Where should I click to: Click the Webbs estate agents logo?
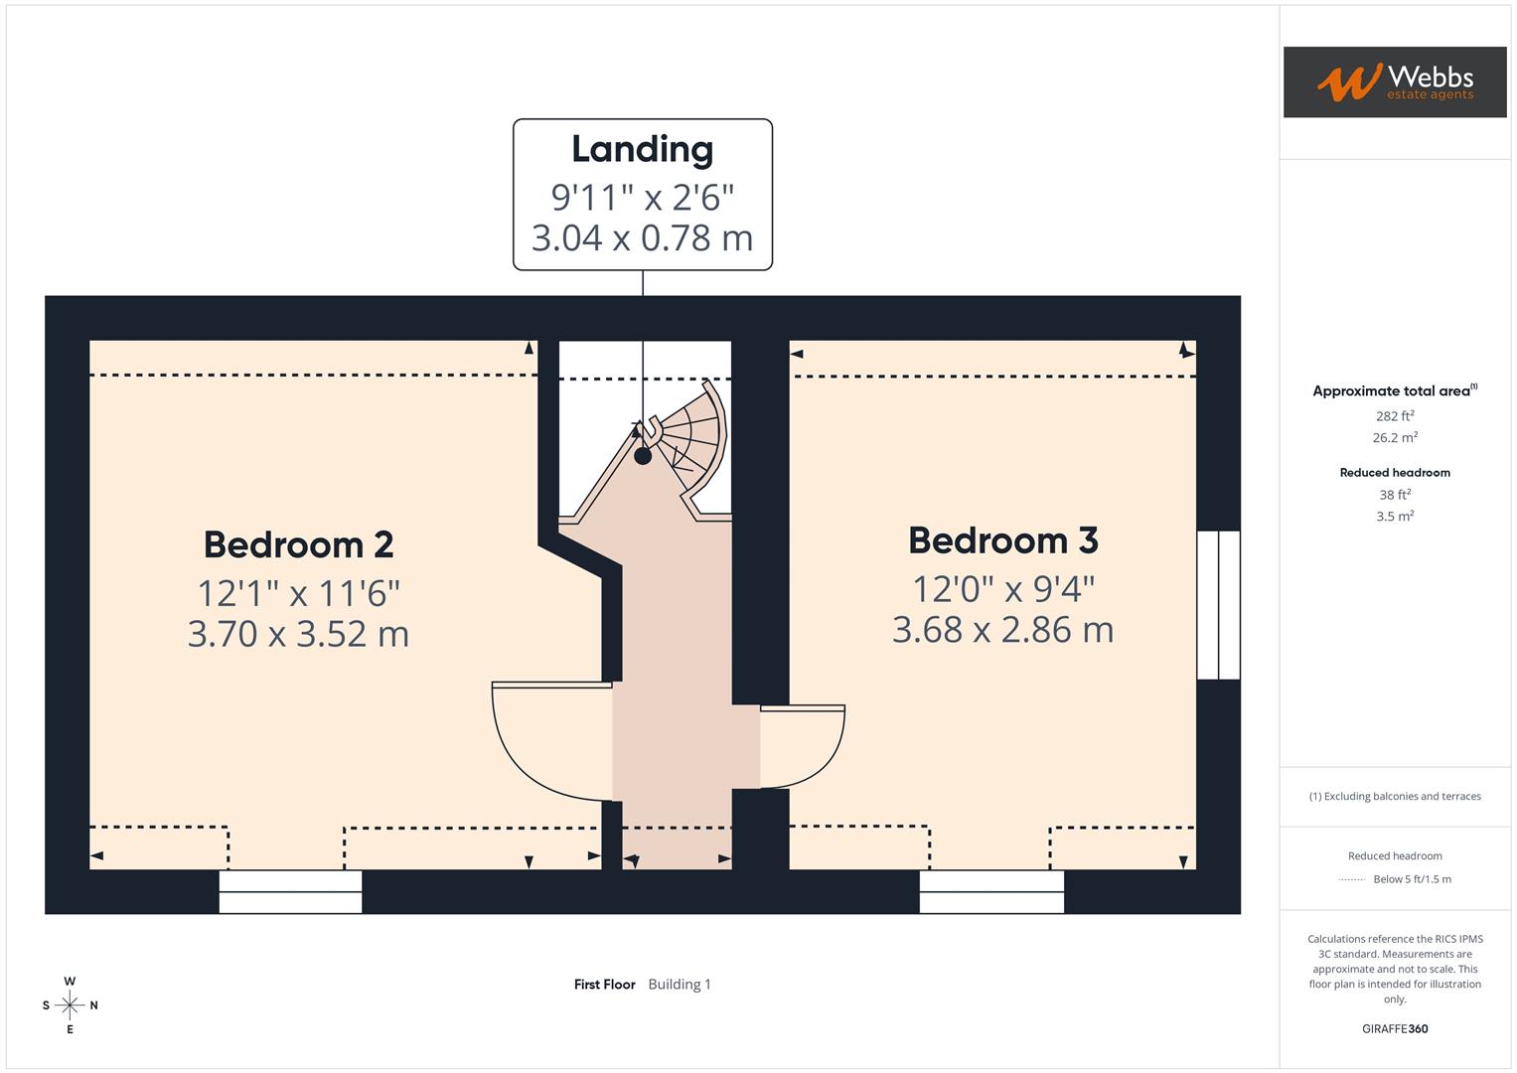[x=1394, y=82]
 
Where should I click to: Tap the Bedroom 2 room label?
[x=298, y=544]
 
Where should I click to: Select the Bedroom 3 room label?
[x=1002, y=540]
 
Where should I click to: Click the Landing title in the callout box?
[x=642, y=149]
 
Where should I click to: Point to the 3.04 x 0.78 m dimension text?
[x=642, y=238]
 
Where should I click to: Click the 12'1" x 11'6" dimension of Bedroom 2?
[x=298, y=593]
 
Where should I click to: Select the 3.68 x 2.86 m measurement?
[x=1002, y=630]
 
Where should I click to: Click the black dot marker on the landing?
[x=643, y=456]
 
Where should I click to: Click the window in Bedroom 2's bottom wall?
[x=290, y=891]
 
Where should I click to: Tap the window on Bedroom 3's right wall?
[x=1218, y=605]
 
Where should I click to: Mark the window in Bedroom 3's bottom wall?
[x=991, y=891]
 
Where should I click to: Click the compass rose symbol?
[x=70, y=1005]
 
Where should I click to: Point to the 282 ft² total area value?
[x=1394, y=416]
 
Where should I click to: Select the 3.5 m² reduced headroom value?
[x=1394, y=517]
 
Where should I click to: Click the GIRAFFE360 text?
[x=1394, y=1029]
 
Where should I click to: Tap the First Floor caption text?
[x=604, y=985]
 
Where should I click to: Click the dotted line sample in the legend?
[x=1352, y=879]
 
